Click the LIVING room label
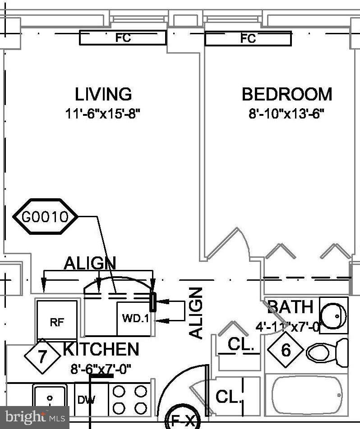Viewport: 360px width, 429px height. click(103, 94)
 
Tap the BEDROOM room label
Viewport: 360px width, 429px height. click(287, 95)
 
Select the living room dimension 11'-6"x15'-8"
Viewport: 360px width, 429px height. click(103, 113)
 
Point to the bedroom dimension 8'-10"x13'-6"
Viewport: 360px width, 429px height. click(287, 113)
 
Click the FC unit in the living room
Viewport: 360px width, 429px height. click(123, 38)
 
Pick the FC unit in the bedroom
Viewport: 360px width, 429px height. click(248, 39)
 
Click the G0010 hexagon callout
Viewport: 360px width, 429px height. click(45, 217)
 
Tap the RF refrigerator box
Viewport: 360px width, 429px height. click(56, 321)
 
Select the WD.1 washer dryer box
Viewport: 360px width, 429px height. click(134, 318)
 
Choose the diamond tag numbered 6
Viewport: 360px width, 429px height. click(286, 350)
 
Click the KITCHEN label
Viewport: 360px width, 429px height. click(101, 349)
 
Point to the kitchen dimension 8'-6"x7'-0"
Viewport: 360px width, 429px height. click(101, 370)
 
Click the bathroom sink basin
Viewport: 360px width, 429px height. click(334, 315)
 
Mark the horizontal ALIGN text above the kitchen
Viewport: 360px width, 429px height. click(90, 263)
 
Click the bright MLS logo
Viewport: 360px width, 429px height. click(34, 417)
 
